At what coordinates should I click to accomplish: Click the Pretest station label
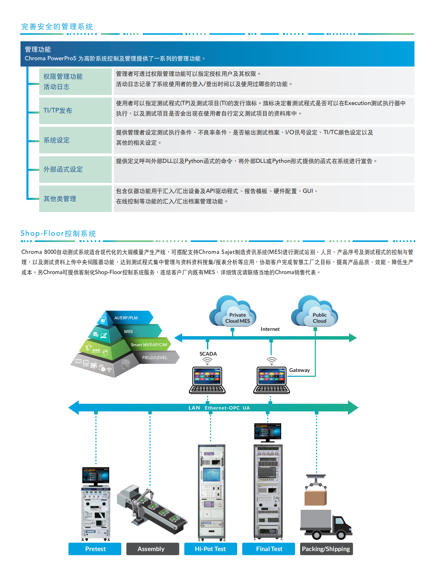[x=95, y=549]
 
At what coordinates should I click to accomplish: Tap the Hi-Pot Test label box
[x=210, y=549]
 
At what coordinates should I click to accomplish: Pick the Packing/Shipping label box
[x=326, y=549]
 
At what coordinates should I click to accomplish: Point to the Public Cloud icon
[x=315, y=312]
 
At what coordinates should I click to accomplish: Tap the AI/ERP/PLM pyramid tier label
[x=126, y=318]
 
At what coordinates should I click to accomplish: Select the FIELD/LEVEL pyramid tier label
[x=155, y=357]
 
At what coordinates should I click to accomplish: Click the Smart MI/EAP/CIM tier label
[x=149, y=345]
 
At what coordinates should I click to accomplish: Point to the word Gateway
[x=299, y=370]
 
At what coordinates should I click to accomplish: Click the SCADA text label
[x=208, y=354]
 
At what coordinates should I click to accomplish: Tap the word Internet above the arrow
[x=270, y=329]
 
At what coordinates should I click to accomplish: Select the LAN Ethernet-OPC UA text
[x=219, y=408]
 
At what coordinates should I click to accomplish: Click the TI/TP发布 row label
[x=58, y=110]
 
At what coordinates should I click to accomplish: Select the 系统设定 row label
[x=57, y=140]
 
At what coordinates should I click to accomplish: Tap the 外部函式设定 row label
[x=63, y=169]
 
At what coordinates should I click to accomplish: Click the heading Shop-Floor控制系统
[x=58, y=233]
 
